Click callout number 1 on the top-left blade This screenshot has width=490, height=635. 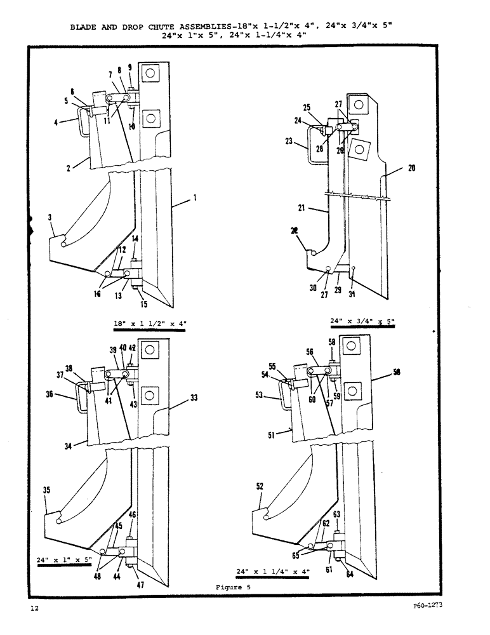point(195,198)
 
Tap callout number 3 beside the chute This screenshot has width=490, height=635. point(50,218)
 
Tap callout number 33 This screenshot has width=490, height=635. point(193,398)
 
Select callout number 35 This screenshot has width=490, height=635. point(47,490)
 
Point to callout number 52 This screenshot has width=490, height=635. point(260,486)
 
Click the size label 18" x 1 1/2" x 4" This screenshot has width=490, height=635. point(150,323)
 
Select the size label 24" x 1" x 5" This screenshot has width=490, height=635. point(65,560)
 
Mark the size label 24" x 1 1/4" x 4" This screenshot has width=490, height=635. point(272,571)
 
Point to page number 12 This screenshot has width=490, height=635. point(34,609)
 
